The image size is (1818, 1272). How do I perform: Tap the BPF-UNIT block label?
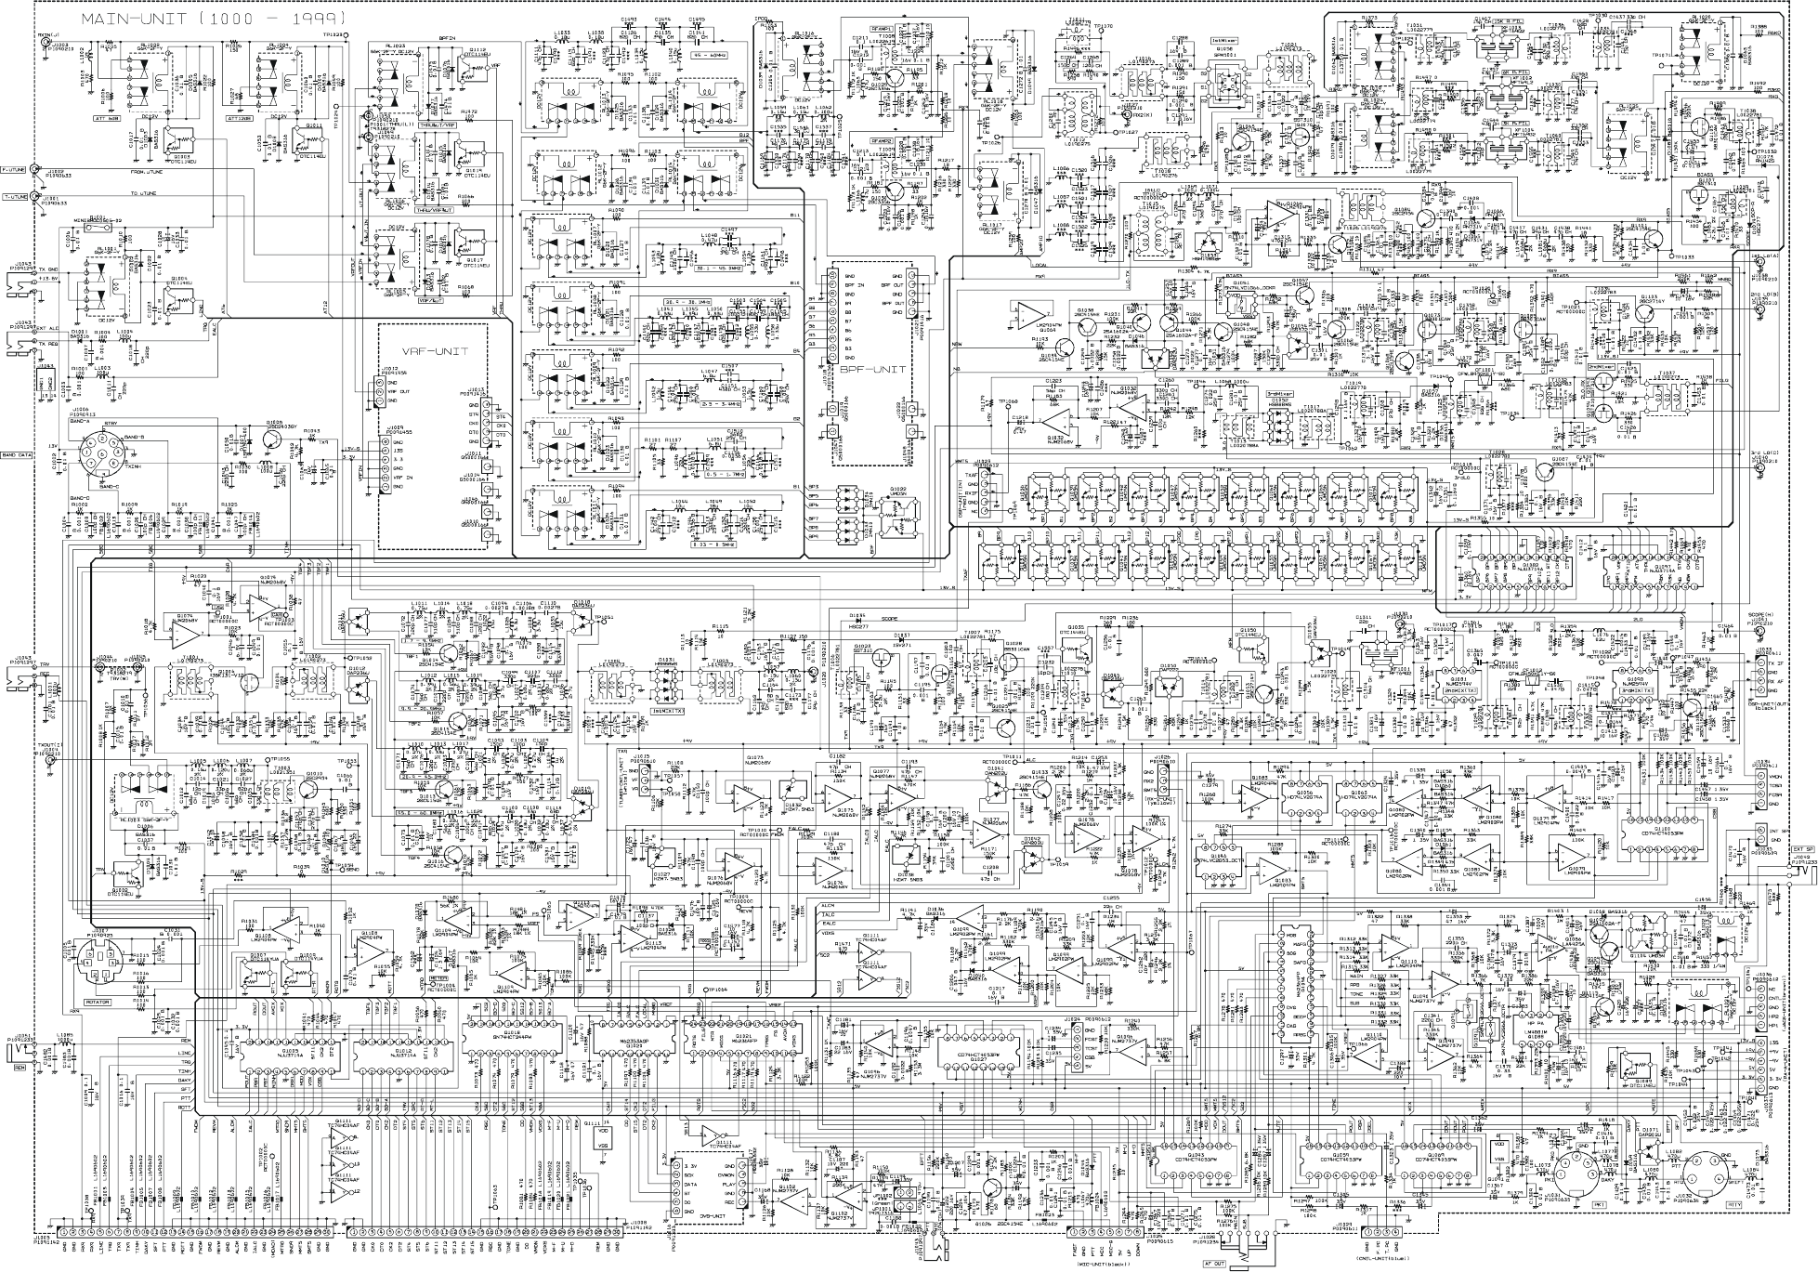pos(870,368)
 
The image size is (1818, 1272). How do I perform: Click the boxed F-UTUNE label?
pos(14,170)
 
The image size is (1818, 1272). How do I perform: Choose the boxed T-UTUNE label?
pos(14,197)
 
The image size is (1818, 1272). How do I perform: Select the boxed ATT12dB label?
pos(240,118)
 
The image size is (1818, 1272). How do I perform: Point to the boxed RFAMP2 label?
pos(882,140)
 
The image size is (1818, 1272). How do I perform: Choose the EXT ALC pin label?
pos(47,328)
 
